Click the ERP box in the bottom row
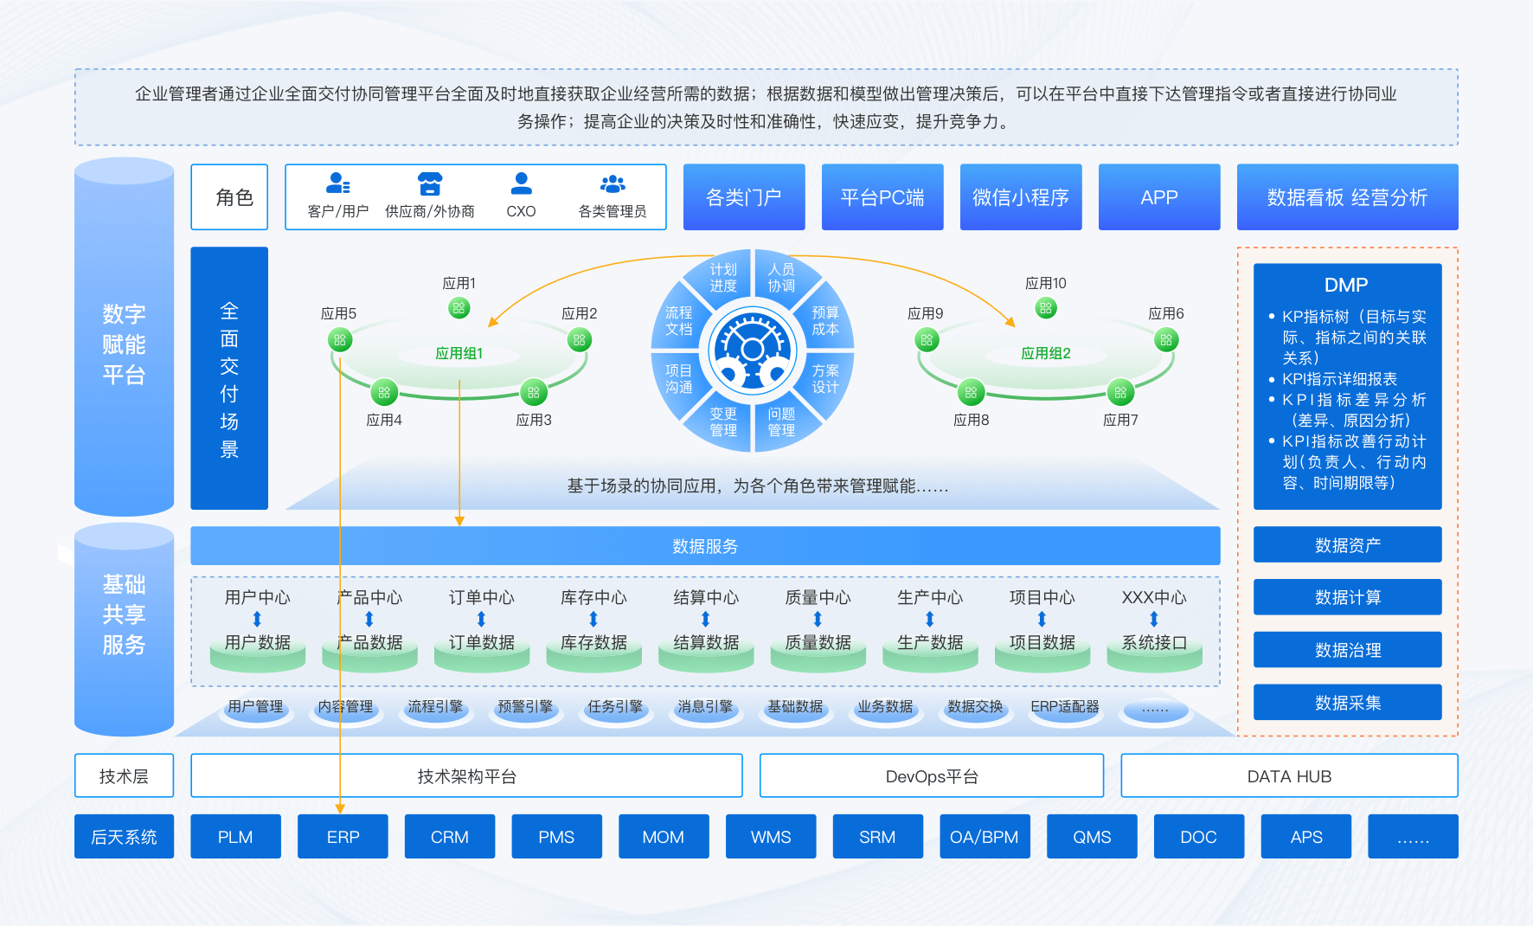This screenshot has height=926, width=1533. [x=343, y=837]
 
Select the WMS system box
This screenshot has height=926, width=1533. [x=770, y=837]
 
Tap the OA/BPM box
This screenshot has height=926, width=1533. [x=985, y=837]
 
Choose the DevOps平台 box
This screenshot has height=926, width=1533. [x=931, y=776]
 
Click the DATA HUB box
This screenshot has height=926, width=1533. [x=1289, y=776]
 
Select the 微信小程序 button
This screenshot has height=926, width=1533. [x=1021, y=197]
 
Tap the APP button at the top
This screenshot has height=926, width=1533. [x=1159, y=197]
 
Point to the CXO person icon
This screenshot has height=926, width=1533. [x=521, y=183]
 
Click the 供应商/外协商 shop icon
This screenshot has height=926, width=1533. [x=430, y=183]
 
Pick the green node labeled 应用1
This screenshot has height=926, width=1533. [x=459, y=307]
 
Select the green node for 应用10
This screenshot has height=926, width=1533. [x=1046, y=307]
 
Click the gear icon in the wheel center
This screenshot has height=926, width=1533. [x=753, y=350]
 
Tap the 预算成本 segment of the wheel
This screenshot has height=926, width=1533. [x=824, y=321]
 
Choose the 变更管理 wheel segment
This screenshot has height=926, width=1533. [x=723, y=421]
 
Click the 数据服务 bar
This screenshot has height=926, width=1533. [x=705, y=546]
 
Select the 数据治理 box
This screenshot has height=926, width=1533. [x=1347, y=650]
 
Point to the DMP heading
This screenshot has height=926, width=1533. [x=1346, y=285]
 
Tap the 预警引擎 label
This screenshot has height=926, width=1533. [x=525, y=707]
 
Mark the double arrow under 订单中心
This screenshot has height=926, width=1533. [x=481, y=619]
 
